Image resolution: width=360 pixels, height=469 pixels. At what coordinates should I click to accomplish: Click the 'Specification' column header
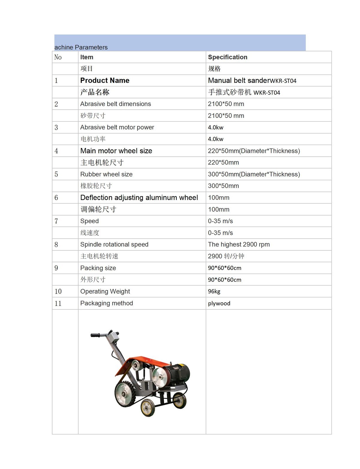point(227,57)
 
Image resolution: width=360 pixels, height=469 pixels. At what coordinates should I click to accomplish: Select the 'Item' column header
point(87,57)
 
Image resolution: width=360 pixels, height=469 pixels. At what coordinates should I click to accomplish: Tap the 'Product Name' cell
point(105,80)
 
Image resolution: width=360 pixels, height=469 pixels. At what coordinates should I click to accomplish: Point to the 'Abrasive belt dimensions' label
point(115,104)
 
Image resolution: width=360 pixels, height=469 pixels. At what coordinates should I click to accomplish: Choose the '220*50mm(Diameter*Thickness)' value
point(254,151)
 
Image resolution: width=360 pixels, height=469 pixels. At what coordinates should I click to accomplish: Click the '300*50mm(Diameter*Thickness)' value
point(254,174)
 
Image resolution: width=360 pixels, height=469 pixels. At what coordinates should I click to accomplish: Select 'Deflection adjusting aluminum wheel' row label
point(139,198)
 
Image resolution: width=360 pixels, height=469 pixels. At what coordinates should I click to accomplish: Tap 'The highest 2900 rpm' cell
point(239,244)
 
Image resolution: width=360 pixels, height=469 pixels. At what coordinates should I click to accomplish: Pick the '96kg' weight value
point(214,291)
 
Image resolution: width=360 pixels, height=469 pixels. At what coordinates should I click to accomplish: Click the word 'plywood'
point(219,303)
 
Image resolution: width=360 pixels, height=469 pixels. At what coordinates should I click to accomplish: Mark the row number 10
point(58,291)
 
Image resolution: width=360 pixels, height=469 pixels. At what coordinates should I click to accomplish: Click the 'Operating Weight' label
point(105,291)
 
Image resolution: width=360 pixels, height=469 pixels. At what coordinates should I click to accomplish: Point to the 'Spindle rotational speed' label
point(114,244)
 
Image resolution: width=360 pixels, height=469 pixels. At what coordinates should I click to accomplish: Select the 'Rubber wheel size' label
point(106,174)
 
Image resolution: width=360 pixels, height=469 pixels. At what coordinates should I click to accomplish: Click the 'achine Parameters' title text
point(81,47)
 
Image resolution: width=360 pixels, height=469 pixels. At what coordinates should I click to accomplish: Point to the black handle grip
point(95,335)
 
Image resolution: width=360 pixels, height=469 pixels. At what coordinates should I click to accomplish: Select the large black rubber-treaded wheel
point(124,393)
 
